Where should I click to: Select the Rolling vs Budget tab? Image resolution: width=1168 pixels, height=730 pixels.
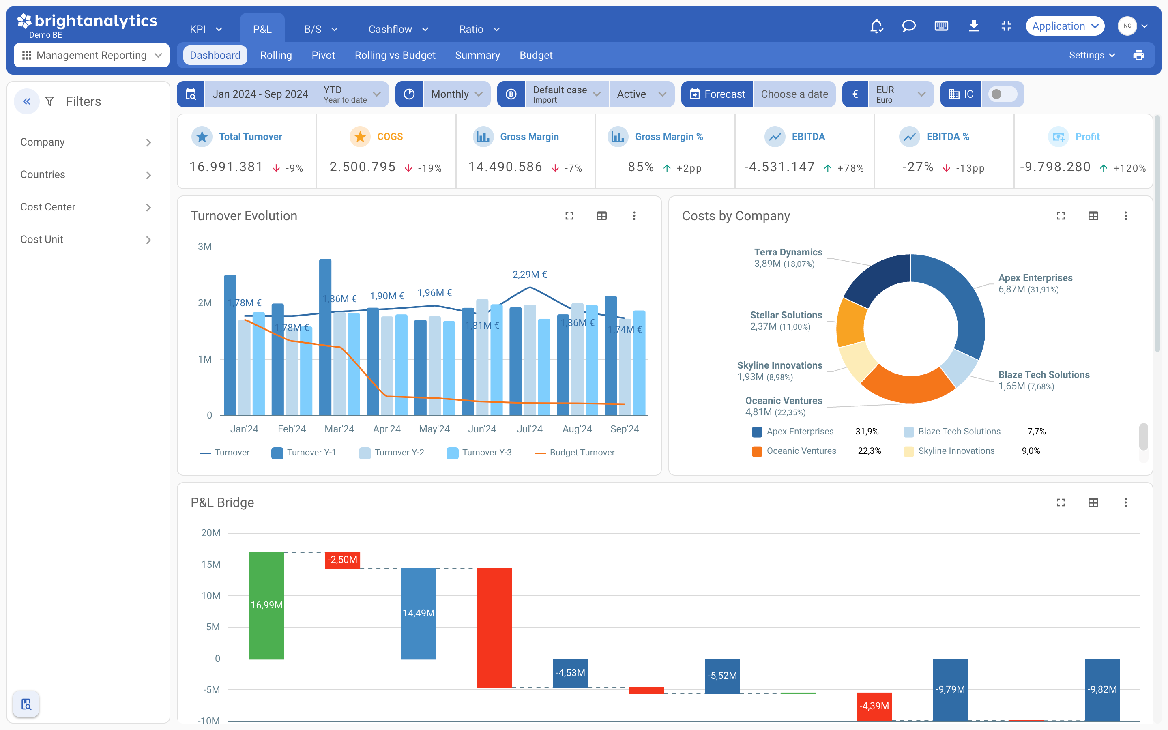click(x=395, y=55)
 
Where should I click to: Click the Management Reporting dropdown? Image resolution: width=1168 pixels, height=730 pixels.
click(x=92, y=55)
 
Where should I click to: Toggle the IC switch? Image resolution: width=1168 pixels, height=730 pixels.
click(x=1002, y=94)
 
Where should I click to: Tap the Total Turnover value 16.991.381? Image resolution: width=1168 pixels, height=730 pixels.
click(x=226, y=167)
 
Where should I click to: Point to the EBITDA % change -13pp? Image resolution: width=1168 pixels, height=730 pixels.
click(x=970, y=168)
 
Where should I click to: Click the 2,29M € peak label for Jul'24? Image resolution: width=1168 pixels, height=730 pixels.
click(x=530, y=274)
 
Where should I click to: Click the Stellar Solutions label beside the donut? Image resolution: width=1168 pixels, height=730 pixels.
click(x=786, y=315)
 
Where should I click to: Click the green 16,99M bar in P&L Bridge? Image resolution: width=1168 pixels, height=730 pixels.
click(x=266, y=605)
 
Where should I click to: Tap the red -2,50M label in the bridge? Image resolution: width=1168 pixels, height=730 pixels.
click(x=343, y=560)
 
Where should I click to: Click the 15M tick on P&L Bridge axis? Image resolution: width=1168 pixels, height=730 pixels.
click(x=210, y=565)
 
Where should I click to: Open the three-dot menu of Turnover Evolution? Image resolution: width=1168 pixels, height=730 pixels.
click(x=634, y=216)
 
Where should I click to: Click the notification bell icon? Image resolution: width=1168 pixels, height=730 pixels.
click(x=876, y=26)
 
